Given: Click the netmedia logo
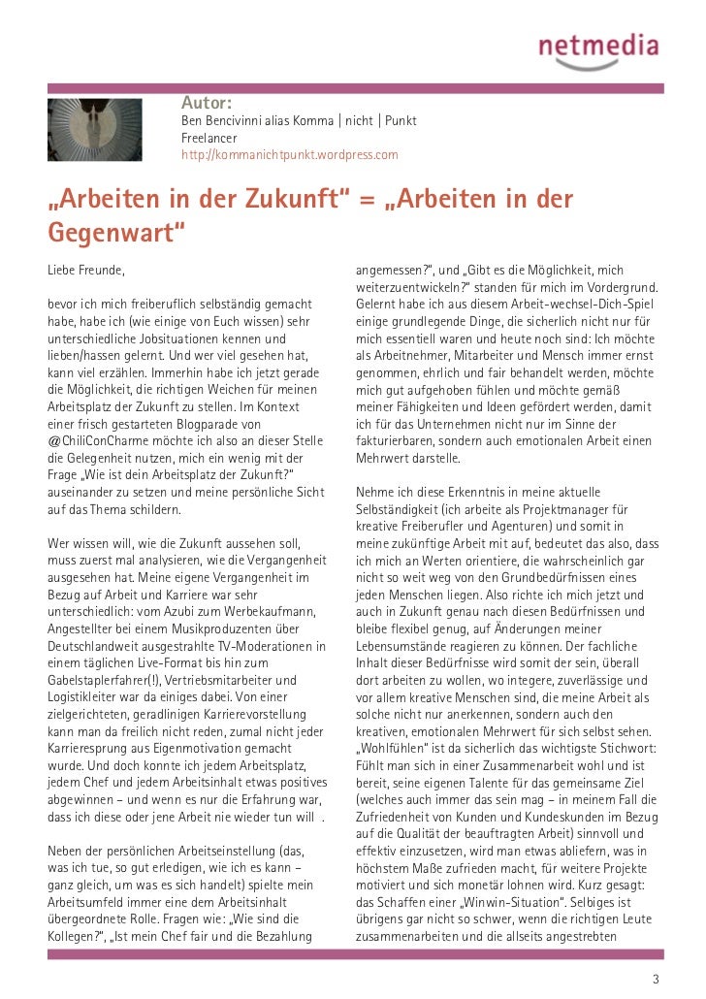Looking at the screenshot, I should click(x=598, y=48).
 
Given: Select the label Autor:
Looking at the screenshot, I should click(x=206, y=103).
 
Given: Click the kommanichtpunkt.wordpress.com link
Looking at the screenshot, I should click(x=290, y=155).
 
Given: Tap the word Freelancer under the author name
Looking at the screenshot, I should click(x=209, y=138).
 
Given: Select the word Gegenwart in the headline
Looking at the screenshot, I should click(x=113, y=234).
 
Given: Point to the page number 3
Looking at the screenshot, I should click(x=657, y=979).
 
